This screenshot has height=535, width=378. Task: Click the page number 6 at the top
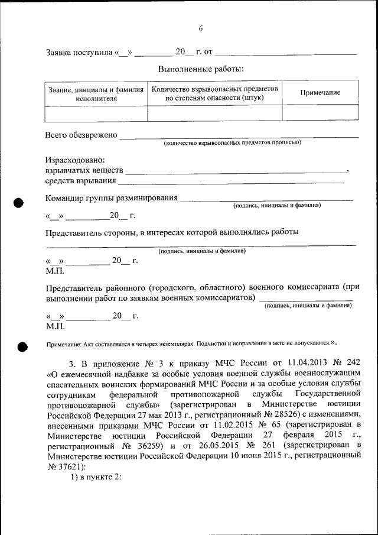(201, 28)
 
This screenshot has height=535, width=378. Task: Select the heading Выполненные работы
(200, 70)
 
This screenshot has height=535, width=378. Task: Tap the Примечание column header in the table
(320, 93)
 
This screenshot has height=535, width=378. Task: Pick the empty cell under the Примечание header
(320, 112)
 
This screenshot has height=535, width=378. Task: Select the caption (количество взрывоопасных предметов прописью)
(233, 142)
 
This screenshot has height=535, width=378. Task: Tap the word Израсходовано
(75, 160)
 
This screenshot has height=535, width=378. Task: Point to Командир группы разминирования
(112, 198)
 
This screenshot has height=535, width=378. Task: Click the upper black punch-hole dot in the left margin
(18, 202)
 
